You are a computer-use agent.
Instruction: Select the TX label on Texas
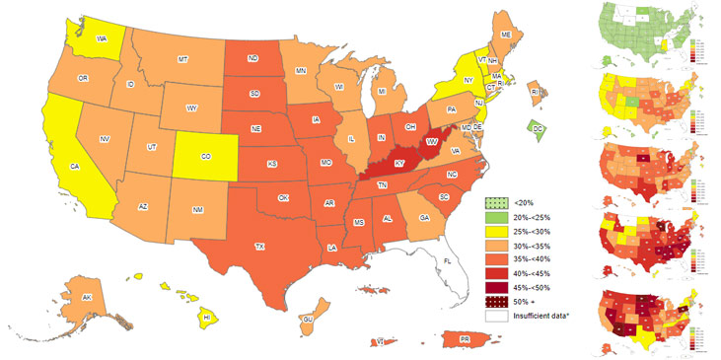(260, 246)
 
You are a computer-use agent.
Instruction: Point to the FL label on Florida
(447, 260)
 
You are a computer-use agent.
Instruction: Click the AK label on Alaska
(87, 298)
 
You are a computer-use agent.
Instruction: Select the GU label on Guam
(307, 320)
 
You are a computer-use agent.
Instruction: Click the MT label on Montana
(182, 60)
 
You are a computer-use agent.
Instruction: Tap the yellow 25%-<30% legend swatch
(495, 232)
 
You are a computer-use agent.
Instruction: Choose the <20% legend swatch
(495, 203)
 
